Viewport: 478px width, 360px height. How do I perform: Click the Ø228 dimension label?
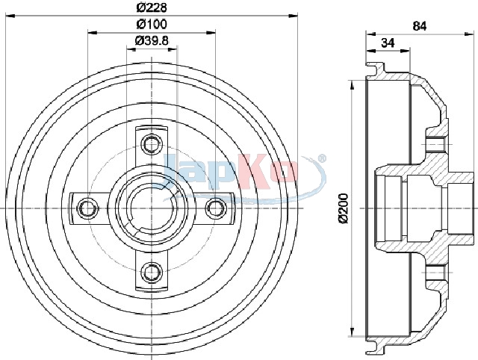[152, 7]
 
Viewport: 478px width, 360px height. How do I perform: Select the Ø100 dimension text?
[152, 24]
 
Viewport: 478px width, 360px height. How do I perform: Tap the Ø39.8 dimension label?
[152, 40]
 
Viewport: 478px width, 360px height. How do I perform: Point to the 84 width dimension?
[420, 26]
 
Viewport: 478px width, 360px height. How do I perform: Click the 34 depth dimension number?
[388, 43]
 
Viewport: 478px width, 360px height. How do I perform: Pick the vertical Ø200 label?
[344, 208]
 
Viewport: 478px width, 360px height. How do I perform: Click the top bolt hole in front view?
[152, 143]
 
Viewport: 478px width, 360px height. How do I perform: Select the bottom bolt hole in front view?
[152, 271]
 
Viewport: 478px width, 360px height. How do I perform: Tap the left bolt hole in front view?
[88, 208]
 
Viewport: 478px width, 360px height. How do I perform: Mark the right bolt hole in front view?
[216, 208]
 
